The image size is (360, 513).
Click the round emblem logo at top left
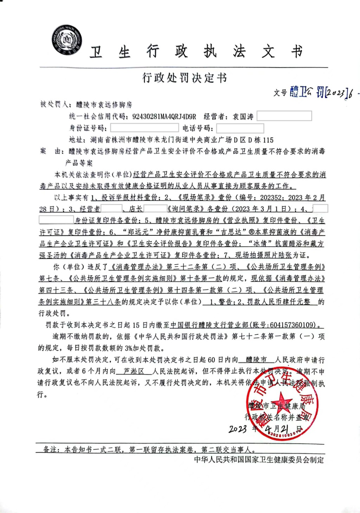67,40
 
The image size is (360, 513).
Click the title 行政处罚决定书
184,78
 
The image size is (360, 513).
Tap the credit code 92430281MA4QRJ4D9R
164,117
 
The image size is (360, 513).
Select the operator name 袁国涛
243,117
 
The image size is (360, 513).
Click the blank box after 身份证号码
144,128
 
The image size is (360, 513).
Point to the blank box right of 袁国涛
284,116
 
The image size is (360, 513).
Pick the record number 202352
271,197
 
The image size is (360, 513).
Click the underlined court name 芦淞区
134,371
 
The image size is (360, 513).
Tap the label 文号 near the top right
280,93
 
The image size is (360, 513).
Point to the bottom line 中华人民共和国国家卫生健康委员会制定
259,460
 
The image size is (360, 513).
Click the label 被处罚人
54,104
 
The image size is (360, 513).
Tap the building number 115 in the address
268,140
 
